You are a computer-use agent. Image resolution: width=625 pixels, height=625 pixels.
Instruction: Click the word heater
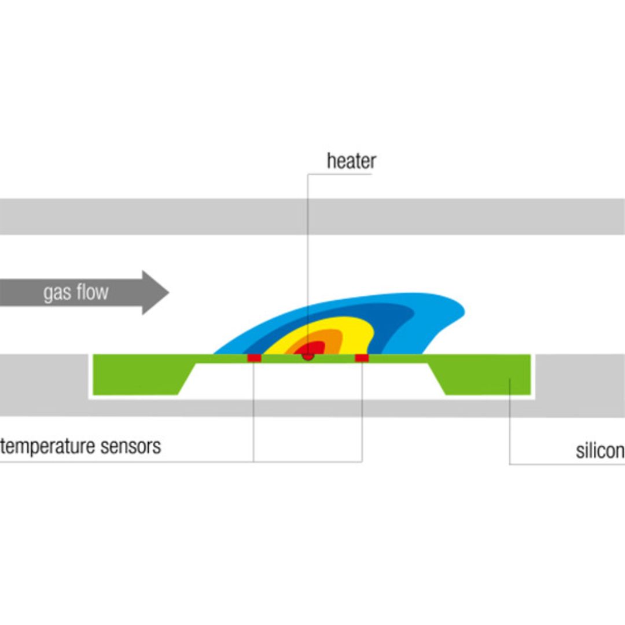(351, 161)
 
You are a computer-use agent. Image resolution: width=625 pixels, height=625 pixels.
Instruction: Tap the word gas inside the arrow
(56, 293)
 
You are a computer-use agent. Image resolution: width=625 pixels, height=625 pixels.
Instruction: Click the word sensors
(131, 447)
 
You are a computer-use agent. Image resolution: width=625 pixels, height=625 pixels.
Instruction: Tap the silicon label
(600, 451)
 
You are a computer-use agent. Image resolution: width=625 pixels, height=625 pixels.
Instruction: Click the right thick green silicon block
(486, 376)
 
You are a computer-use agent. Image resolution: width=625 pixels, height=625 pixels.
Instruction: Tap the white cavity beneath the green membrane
(312, 379)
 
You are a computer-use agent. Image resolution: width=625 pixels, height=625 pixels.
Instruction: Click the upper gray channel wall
(312, 216)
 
